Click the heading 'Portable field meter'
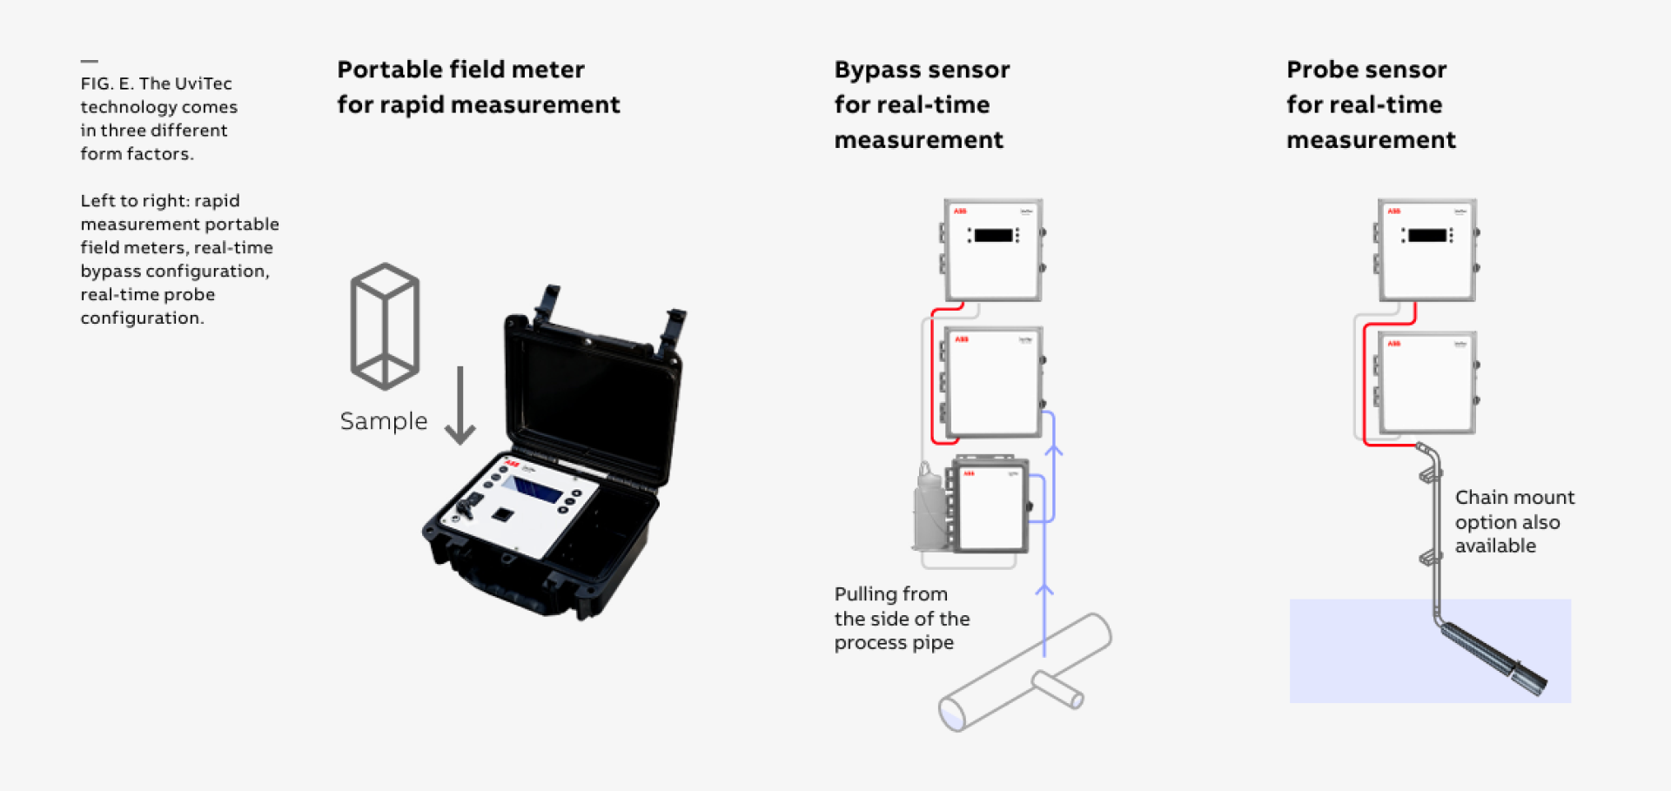pos(460,70)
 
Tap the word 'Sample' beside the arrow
pos(383,421)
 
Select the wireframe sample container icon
pos(385,325)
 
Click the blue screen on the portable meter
pos(533,489)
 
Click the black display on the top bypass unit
pos(993,235)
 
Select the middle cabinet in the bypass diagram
pos(993,382)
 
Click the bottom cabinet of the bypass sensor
pos(991,506)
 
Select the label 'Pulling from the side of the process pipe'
pos(902,619)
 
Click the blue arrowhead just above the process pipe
pos(1044,591)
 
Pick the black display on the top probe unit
pos(1426,235)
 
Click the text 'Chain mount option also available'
pos(1513,521)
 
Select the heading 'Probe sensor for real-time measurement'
pos(1370,104)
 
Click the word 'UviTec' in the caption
pos(203,84)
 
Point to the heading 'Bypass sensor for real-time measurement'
pos(921,104)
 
